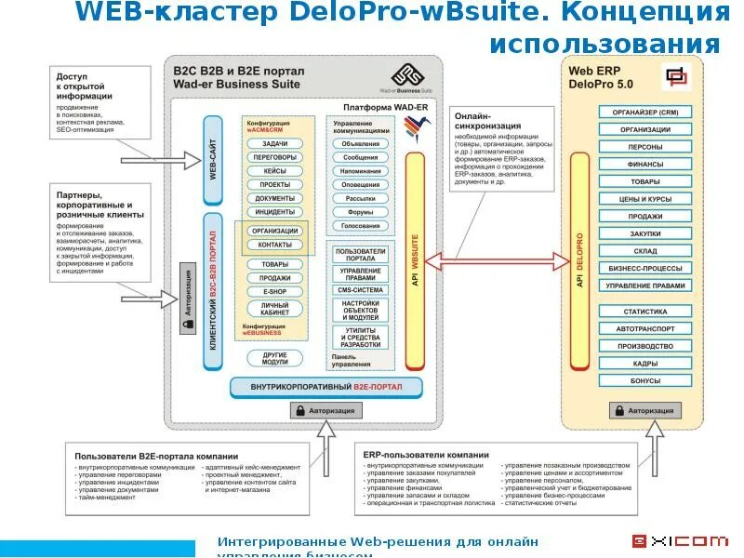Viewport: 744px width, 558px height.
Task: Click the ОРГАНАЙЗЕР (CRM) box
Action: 644,113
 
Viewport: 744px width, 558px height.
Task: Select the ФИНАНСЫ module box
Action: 644,165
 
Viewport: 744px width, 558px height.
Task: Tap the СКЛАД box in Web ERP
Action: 644,251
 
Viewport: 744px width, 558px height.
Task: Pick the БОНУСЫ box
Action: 644,380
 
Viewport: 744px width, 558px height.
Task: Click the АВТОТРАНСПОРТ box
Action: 644,328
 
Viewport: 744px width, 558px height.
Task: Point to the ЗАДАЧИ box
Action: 274,144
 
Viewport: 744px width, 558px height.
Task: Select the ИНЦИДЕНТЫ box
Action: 274,211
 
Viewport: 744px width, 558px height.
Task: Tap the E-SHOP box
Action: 274,291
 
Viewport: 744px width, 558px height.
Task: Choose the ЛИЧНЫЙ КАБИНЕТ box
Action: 274,309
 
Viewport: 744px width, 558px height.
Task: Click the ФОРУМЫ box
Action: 360,211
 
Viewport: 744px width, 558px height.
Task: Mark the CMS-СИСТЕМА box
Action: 360,289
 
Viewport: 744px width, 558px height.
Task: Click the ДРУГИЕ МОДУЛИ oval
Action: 274,358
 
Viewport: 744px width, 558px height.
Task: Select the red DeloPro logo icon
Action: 676,77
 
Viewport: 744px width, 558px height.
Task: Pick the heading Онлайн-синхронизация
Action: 480,122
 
